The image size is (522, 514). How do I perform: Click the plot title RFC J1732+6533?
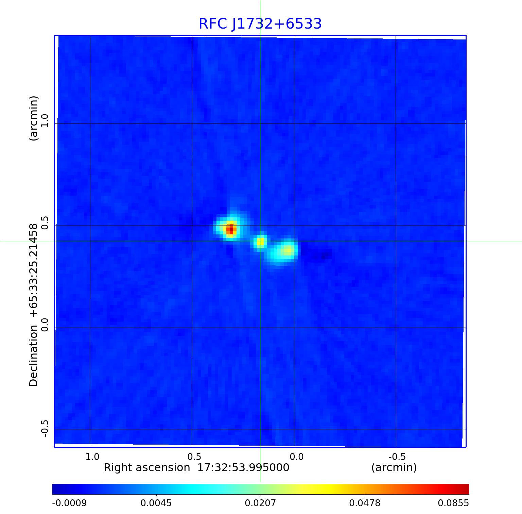coord(260,24)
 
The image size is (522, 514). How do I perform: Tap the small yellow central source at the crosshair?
coord(260,242)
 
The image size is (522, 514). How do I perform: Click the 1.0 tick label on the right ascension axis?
coord(92,457)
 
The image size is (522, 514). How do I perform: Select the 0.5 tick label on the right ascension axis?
coord(194,457)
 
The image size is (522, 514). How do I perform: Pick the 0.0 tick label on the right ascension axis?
coord(296,457)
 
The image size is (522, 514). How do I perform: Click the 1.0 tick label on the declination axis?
coord(45,121)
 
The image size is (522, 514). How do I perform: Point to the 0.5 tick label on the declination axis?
coord(45,223)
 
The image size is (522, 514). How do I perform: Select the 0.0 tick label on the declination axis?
coord(45,325)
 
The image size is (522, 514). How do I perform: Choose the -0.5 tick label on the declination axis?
coord(45,428)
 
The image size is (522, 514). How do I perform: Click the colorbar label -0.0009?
coord(69,503)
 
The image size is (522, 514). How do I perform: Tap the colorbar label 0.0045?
coord(156,503)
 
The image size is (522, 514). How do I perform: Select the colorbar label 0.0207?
coord(261,503)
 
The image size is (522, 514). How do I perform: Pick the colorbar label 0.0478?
coord(365,503)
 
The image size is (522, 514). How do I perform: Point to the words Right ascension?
coord(147,468)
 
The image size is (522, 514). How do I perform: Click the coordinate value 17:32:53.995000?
coord(243,468)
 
